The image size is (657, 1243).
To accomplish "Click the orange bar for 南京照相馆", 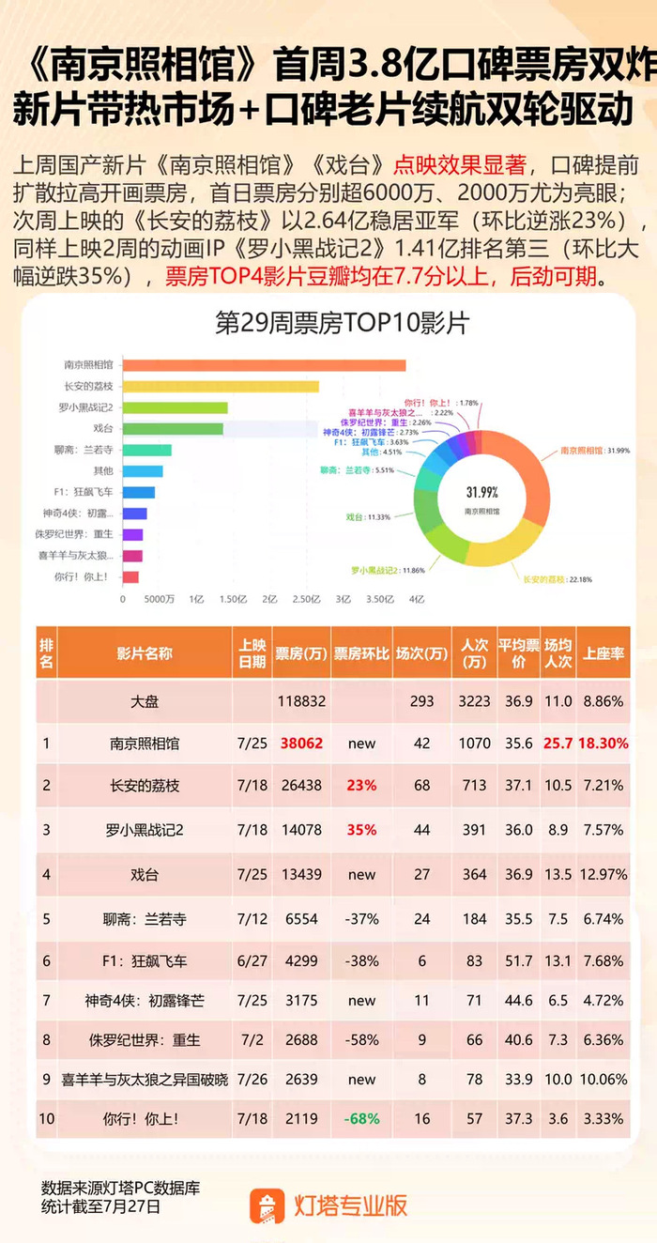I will (x=263, y=364).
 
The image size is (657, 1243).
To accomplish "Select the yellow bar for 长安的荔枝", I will (x=220, y=386).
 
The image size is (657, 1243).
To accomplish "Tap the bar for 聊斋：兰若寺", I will (x=146, y=450).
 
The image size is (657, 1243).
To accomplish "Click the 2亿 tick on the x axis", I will (x=269, y=598).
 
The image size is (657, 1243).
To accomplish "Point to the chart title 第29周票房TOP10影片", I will (x=342, y=324).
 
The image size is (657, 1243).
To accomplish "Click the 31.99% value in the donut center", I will (x=481, y=492).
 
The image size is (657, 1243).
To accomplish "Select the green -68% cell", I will (x=361, y=1119).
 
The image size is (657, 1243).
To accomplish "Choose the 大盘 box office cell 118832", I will (x=300, y=700).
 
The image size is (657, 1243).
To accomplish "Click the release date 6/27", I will (x=252, y=960).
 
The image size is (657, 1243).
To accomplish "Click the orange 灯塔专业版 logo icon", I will (x=267, y=1205).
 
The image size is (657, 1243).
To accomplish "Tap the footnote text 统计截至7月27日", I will (x=100, y=1206).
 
